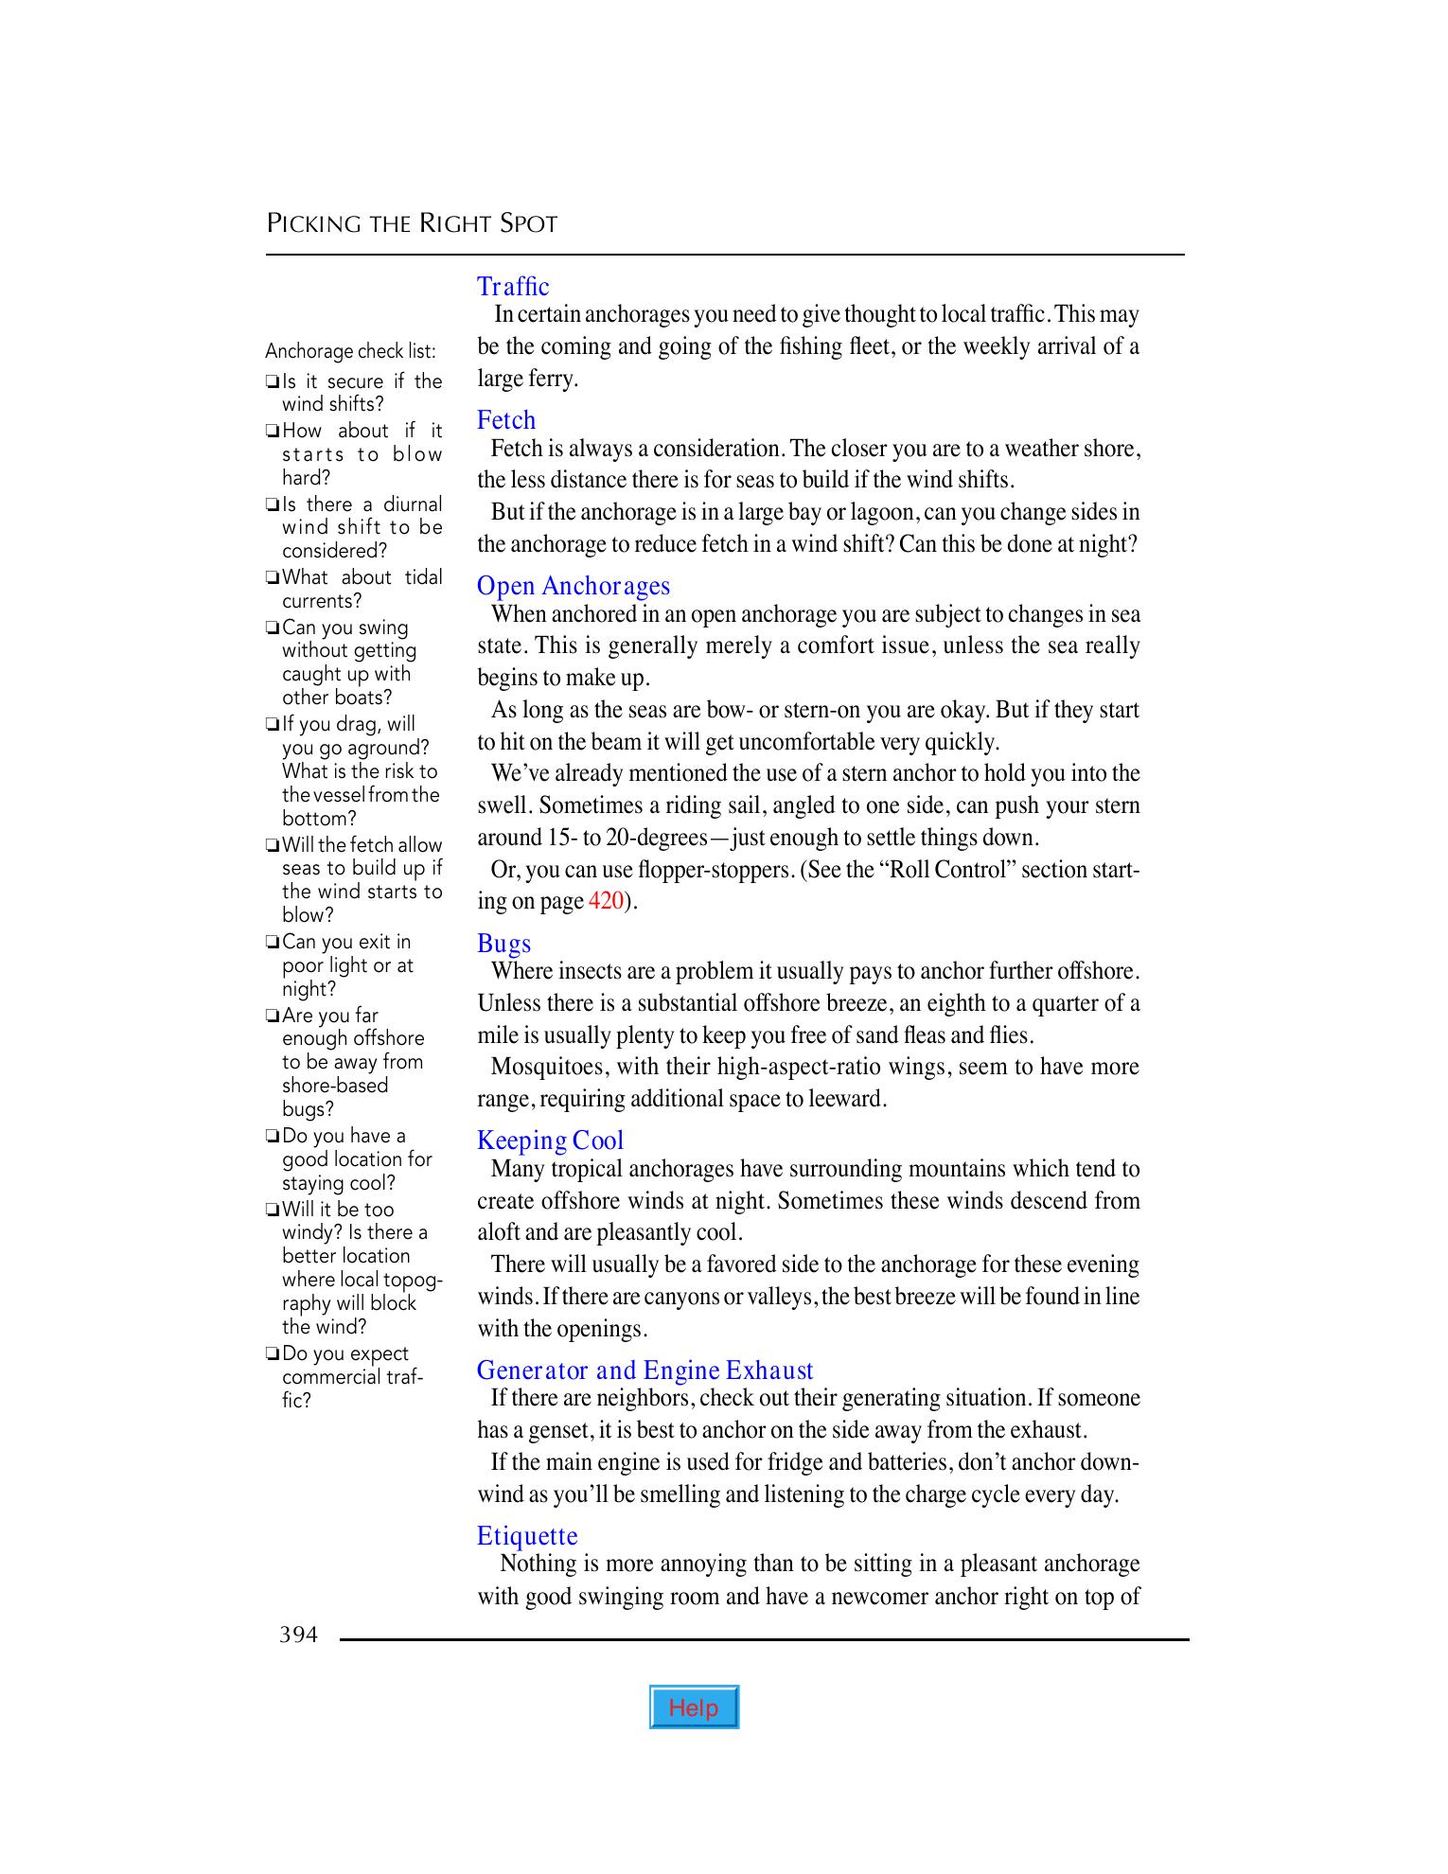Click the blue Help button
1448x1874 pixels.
694,1707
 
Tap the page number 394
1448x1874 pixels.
298,1635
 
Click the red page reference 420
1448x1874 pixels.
606,901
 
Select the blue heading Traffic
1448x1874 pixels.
513,286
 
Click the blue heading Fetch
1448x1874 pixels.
506,419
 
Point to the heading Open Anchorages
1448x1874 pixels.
574,586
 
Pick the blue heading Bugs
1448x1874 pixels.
504,944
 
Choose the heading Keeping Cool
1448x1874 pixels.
551,1140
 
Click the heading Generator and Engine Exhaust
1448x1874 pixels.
645,1370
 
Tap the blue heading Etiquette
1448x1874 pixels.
527,1536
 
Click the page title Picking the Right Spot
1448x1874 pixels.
412,224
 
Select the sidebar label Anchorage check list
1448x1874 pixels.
350,351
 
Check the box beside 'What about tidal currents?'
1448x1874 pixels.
273,578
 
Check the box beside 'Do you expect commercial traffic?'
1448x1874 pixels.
273,1354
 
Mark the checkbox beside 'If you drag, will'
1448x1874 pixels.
273,725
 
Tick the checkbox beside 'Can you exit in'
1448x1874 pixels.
273,943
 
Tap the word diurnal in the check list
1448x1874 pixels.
413,504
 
